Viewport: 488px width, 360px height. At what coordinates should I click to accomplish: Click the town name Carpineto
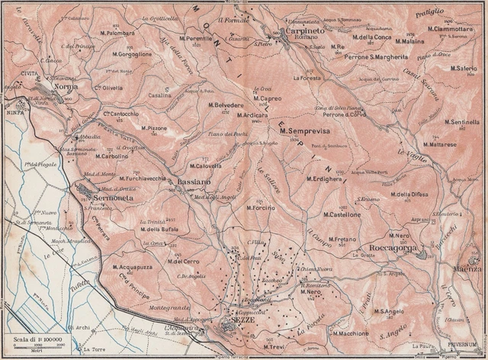[x=303, y=32]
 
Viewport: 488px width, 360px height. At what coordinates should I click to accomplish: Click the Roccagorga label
[x=390, y=247]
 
